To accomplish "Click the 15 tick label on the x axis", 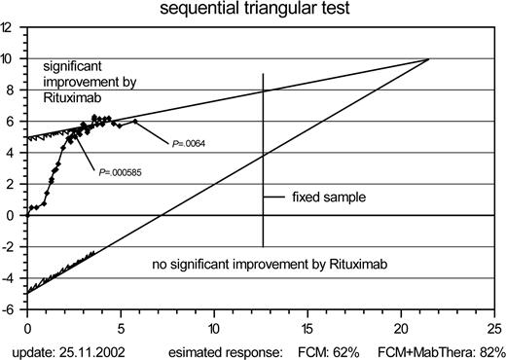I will pos(307,327).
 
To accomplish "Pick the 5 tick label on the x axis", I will pos(121,327).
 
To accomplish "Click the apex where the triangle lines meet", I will pos(428,59).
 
